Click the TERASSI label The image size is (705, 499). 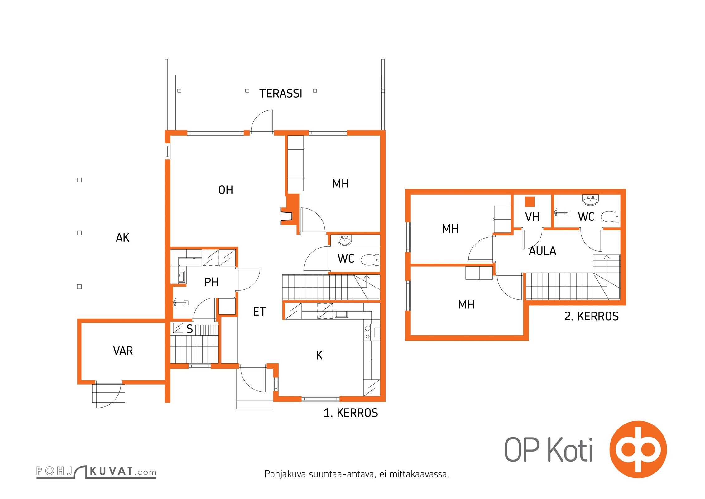click(x=281, y=94)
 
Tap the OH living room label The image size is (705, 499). click(x=226, y=190)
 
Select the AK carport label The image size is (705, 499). click(x=122, y=238)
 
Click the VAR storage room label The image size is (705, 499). click(x=123, y=351)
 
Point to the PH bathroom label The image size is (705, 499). click(x=211, y=282)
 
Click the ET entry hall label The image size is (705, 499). click(x=259, y=312)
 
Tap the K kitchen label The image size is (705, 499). click(x=319, y=355)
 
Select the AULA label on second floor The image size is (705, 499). click(x=542, y=251)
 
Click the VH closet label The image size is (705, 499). click(x=532, y=217)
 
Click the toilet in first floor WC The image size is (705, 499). click(x=370, y=259)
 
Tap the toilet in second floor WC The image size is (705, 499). click(x=610, y=216)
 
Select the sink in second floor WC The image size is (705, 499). click(x=590, y=200)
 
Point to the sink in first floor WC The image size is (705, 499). click(x=344, y=240)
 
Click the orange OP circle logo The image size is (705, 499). click(x=638, y=449)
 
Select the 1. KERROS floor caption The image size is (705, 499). click(x=351, y=413)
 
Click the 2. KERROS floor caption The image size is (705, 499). click(x=592, y=316)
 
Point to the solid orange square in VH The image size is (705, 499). click(x=530, y=202)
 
